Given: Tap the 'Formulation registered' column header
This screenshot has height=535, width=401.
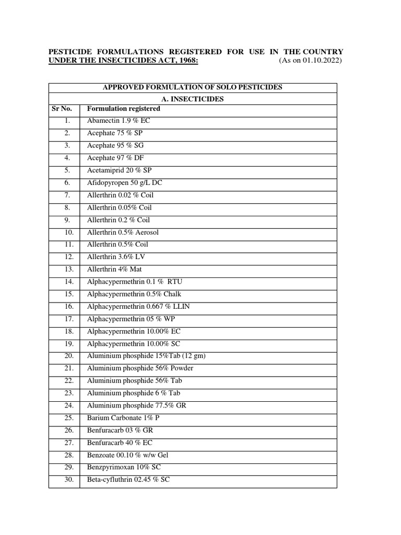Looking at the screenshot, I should pyautogui.click(x=124, y=109).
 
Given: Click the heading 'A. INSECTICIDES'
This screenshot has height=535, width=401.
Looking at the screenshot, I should pyautogui.click(x=193, y=99).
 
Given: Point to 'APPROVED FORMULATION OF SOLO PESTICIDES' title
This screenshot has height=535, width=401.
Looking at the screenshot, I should pyautogui.click(x=193, y=87).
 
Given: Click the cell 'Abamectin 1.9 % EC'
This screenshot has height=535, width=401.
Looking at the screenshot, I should pyautogui.click(x=119, y=121).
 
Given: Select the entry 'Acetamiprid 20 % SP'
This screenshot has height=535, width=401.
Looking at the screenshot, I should pyautogui.click(x=120, y=170).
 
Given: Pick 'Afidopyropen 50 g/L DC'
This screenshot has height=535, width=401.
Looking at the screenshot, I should pyautogui.click(x=125, y=183).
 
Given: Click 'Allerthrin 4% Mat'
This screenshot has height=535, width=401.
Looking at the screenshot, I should pyautogui.click(x=114, y=269).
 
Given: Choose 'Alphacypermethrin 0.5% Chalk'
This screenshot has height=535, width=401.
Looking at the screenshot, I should pyautogui.click(x=134, y=294).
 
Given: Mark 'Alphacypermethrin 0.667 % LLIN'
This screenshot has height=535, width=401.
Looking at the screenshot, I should pyautogui.click(x=138, y=306).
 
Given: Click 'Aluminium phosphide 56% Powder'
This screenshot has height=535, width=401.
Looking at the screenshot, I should pyautogui.click(x=140, y=368).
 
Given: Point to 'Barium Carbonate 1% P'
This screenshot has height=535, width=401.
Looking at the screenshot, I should pyautogui.click(x=124, y=418).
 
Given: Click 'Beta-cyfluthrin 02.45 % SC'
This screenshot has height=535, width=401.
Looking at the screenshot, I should pyautogui.click(x=128, y=480).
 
